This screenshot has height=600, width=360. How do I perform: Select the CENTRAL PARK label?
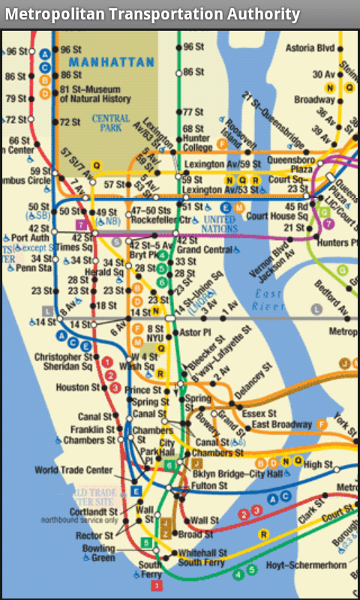(110, 123)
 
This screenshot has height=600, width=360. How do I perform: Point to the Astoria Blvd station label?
(310, 48)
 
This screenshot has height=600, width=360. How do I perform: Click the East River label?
(268, 300)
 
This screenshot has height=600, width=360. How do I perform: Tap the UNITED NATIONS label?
(219, 224)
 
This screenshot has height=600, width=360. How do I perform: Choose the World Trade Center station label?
(73, 470)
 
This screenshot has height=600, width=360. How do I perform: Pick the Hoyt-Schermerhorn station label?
(305, 565)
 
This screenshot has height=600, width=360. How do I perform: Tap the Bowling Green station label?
(98, 553)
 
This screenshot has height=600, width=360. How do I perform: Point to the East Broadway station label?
(282, 424)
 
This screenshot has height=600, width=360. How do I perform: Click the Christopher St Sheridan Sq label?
(63, 361)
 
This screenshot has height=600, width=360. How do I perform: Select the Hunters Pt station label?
(334, 242)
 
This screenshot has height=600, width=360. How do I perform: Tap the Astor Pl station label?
(196, 331)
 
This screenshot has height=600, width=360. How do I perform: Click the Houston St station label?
(77, 388)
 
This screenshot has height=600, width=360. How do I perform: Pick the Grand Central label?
(205, 249)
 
